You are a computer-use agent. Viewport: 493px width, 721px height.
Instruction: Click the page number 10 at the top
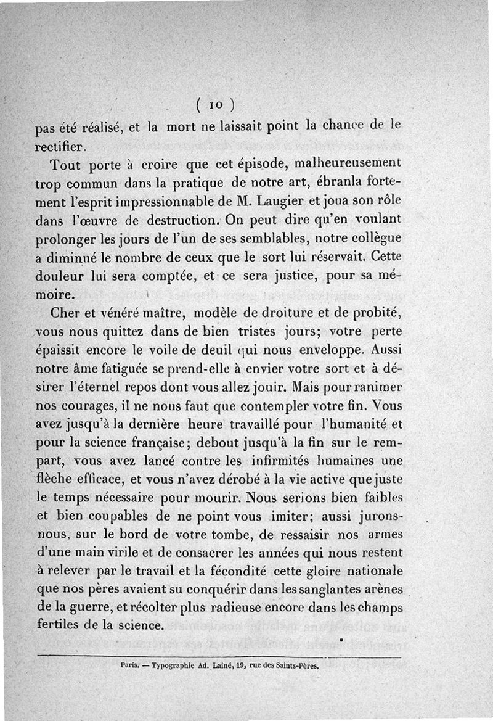point(215,102)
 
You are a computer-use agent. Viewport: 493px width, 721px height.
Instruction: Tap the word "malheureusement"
point(348,165)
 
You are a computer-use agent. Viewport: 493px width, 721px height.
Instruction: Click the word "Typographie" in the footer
point(177,666)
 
